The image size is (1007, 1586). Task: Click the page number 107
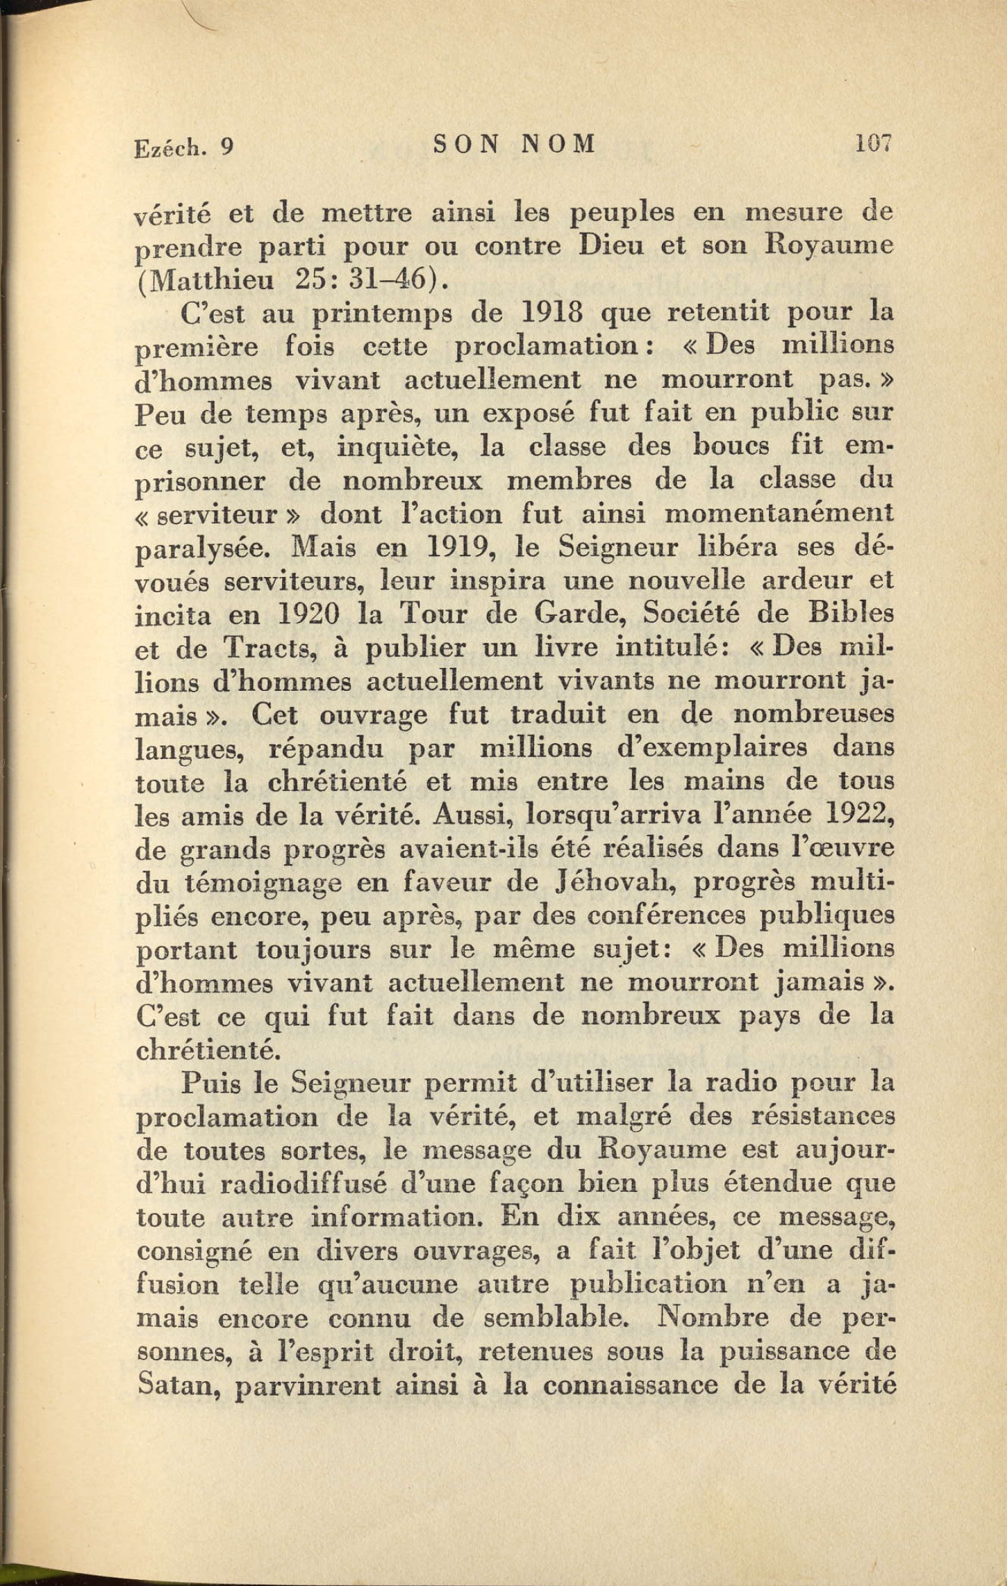click(x=874, y=144)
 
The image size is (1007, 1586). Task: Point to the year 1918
click(x=552, y=313)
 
